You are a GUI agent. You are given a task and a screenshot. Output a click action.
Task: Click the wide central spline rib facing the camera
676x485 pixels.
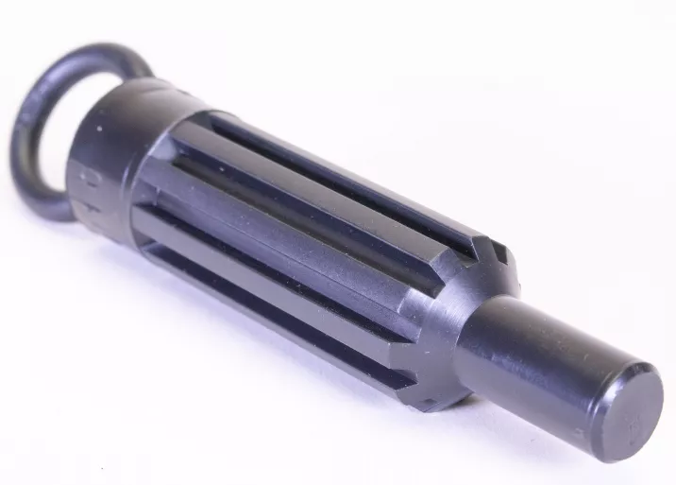tap(312, 236)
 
